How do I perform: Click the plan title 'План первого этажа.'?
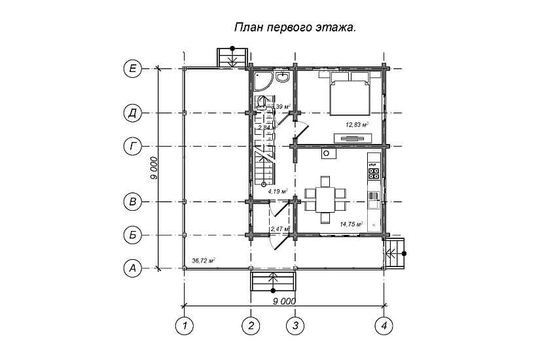(295, 28)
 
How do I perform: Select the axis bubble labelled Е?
(133, 68)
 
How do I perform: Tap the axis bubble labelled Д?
(133, 113)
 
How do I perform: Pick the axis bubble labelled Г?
(133, 146)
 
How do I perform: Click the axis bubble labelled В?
(133, 202)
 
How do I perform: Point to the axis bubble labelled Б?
(133, 234)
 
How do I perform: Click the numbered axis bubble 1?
(185, 325)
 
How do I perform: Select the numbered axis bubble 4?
(385, 325)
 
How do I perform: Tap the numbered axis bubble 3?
(295, 325)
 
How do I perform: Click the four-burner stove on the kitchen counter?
(374, 173)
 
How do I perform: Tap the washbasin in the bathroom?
(283, 78)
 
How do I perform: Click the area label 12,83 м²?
(357, 124)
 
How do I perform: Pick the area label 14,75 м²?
(351, 224)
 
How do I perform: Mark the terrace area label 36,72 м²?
(204, 261)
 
